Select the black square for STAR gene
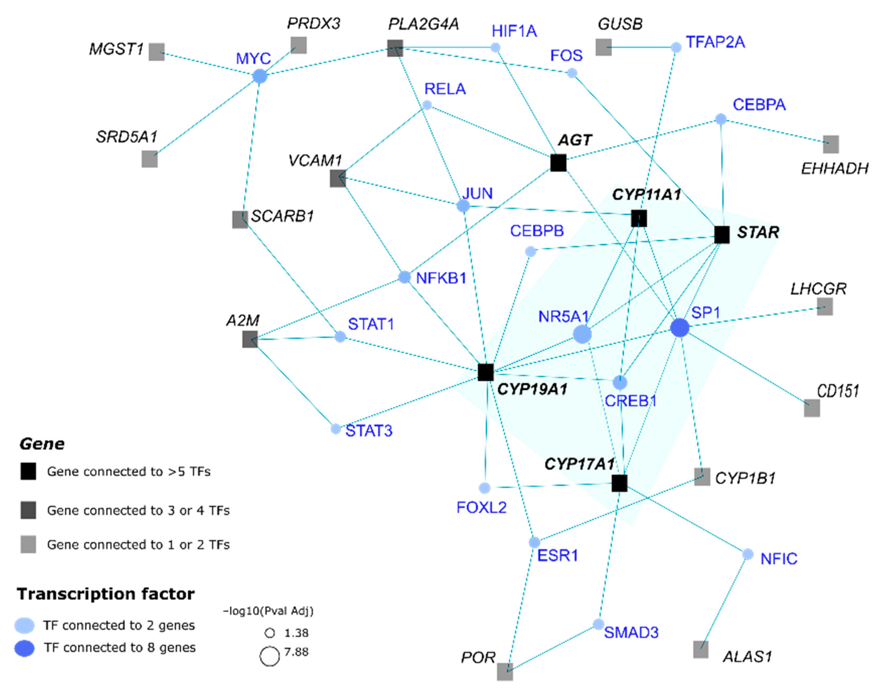tap(722, 235)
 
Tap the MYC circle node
tap(260, 76)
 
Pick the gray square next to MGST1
tap(157, 52)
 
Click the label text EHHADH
tap(834, 168)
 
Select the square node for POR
tap(505, 671)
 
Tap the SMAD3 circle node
tap(598, 624)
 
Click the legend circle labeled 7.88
tap(270, 656)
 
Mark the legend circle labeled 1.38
tap(270, 633)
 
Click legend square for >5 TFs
tap(28, 471)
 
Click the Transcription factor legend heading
tap(106, 594)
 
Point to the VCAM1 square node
tap(338, 178)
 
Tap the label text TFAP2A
tap(715, 42)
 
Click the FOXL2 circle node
tap(484, 488)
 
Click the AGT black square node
tap(558, 163)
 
